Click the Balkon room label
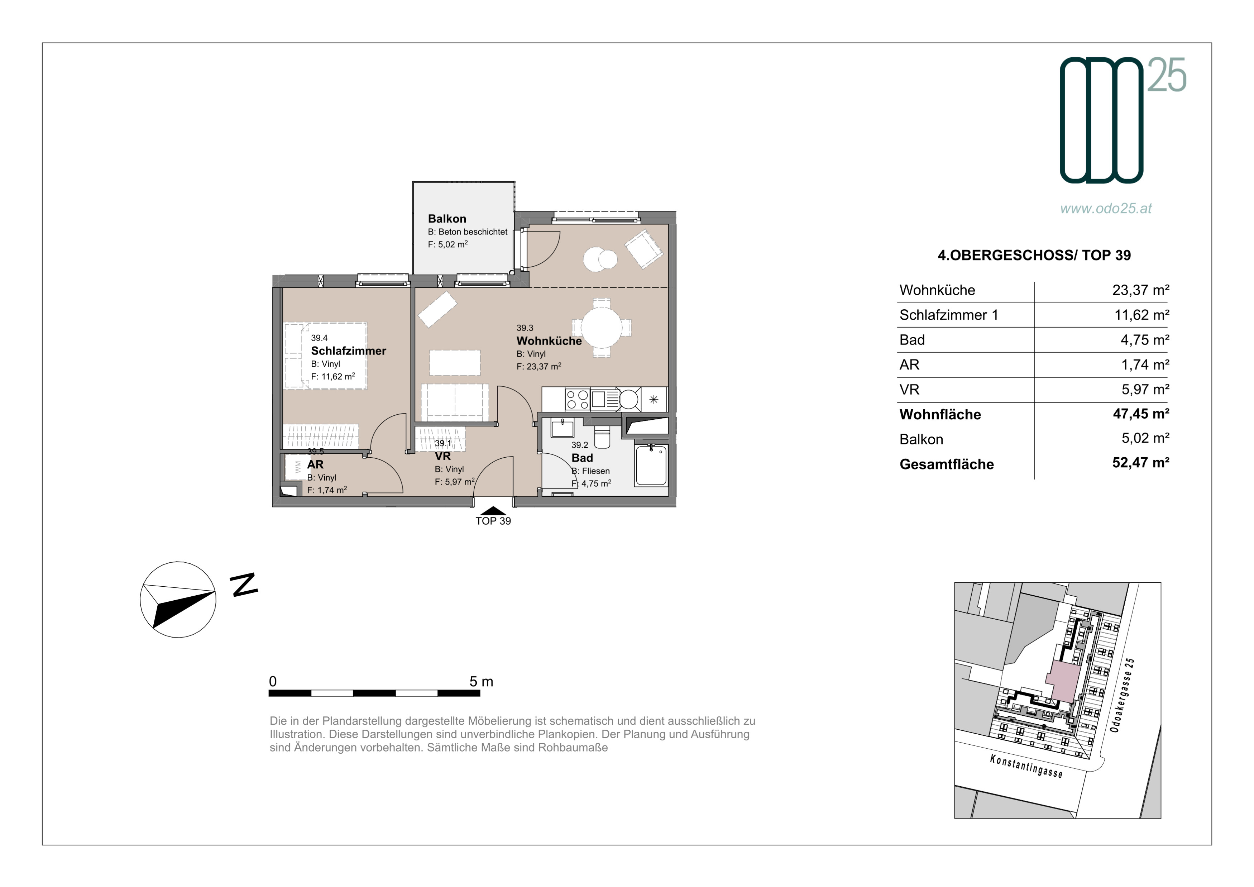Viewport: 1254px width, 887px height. pos(447,219)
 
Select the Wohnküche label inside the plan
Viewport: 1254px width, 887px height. pos(549,341)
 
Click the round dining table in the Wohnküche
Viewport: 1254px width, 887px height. pos(601,328)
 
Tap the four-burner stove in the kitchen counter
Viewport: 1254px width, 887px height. pos(577,399)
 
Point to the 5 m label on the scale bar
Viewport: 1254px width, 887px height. pos(481,682)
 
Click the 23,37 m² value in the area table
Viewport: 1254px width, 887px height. pos(1140,290)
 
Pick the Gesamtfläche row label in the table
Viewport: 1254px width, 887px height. pos(947,464)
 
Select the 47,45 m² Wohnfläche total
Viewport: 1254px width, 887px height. pos(1141,414)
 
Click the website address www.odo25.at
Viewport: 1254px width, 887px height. pos(1106,209)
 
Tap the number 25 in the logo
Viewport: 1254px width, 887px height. pos(1166,75)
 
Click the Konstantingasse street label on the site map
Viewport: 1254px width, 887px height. pos(1026,766)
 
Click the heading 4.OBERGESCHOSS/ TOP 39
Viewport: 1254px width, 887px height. pos(1034,256)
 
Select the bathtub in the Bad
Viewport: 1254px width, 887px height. pos(651,465)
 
